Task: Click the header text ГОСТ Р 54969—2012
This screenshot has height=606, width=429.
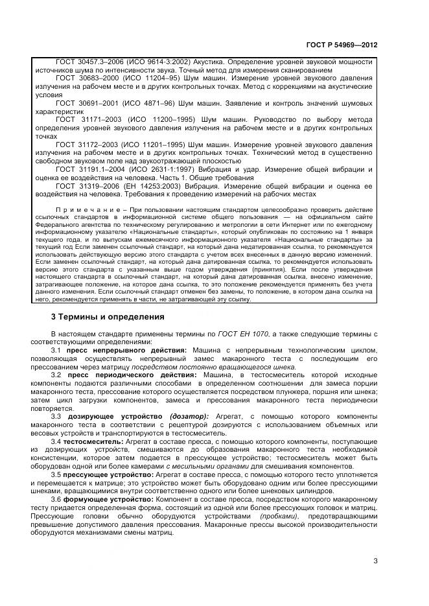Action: [x=342, y=45]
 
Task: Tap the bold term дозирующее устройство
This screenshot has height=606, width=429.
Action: [x=115, y=416]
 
